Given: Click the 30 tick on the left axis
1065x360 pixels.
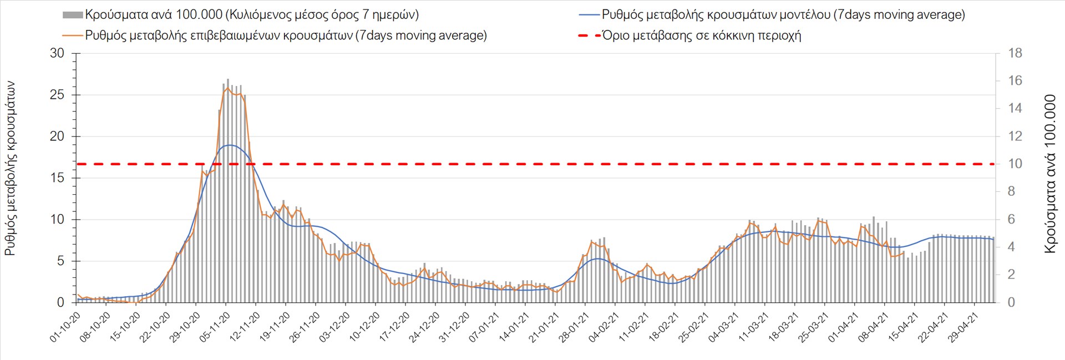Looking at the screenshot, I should tap(57, 53).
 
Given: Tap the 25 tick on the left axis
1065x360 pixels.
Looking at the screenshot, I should tap(57, 95).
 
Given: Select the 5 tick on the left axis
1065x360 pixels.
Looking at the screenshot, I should tap(60, 261).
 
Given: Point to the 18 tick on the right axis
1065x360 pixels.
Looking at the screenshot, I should tap(1015, 53).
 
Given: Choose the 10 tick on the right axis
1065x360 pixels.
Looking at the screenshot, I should tap(1015, 164).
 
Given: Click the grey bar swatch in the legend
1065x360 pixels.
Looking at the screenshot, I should tap(73, 15).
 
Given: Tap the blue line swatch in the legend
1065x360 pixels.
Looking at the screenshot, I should tap(589, 15).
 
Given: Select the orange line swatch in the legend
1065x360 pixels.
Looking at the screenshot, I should tap(73, 36).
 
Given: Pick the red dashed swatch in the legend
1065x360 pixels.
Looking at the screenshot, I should tap(589, 36).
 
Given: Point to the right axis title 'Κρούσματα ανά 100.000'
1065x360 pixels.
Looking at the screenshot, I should tap(1049, 174).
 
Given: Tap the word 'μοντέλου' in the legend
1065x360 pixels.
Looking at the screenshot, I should tap(804, 15).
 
